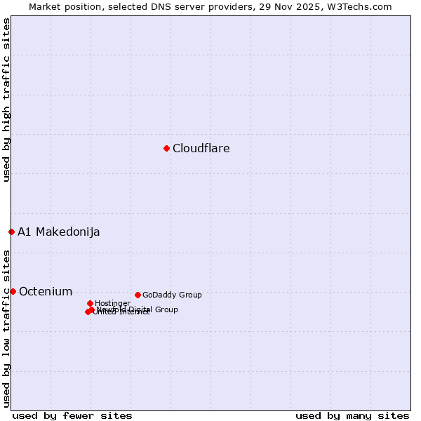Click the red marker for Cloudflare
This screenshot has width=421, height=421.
click(x=166, y=148)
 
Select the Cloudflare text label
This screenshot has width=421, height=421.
click(x=201, y=148)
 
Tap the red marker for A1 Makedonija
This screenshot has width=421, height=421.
click(x=11, y=232)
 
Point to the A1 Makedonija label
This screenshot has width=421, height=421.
click(x=58, y=232)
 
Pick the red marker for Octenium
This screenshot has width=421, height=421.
click(x=13, y=291)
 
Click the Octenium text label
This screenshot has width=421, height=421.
click(x=46, y=291)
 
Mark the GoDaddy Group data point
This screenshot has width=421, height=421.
click(x=138, y=295)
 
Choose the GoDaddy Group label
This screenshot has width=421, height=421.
click(x=172, y=295)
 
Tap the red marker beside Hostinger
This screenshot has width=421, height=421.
click(x=90, y=303)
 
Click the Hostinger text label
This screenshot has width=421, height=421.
click(x=112, y=303)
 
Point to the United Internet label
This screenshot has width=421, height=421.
click(x=121, y=312)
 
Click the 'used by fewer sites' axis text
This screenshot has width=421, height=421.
click(x=72, y=415)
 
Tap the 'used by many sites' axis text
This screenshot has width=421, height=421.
click(x=352, y=415)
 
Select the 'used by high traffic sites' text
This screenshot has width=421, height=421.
click(x=6, y=100)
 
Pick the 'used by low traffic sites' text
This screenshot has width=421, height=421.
click(x=6, y=328)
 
